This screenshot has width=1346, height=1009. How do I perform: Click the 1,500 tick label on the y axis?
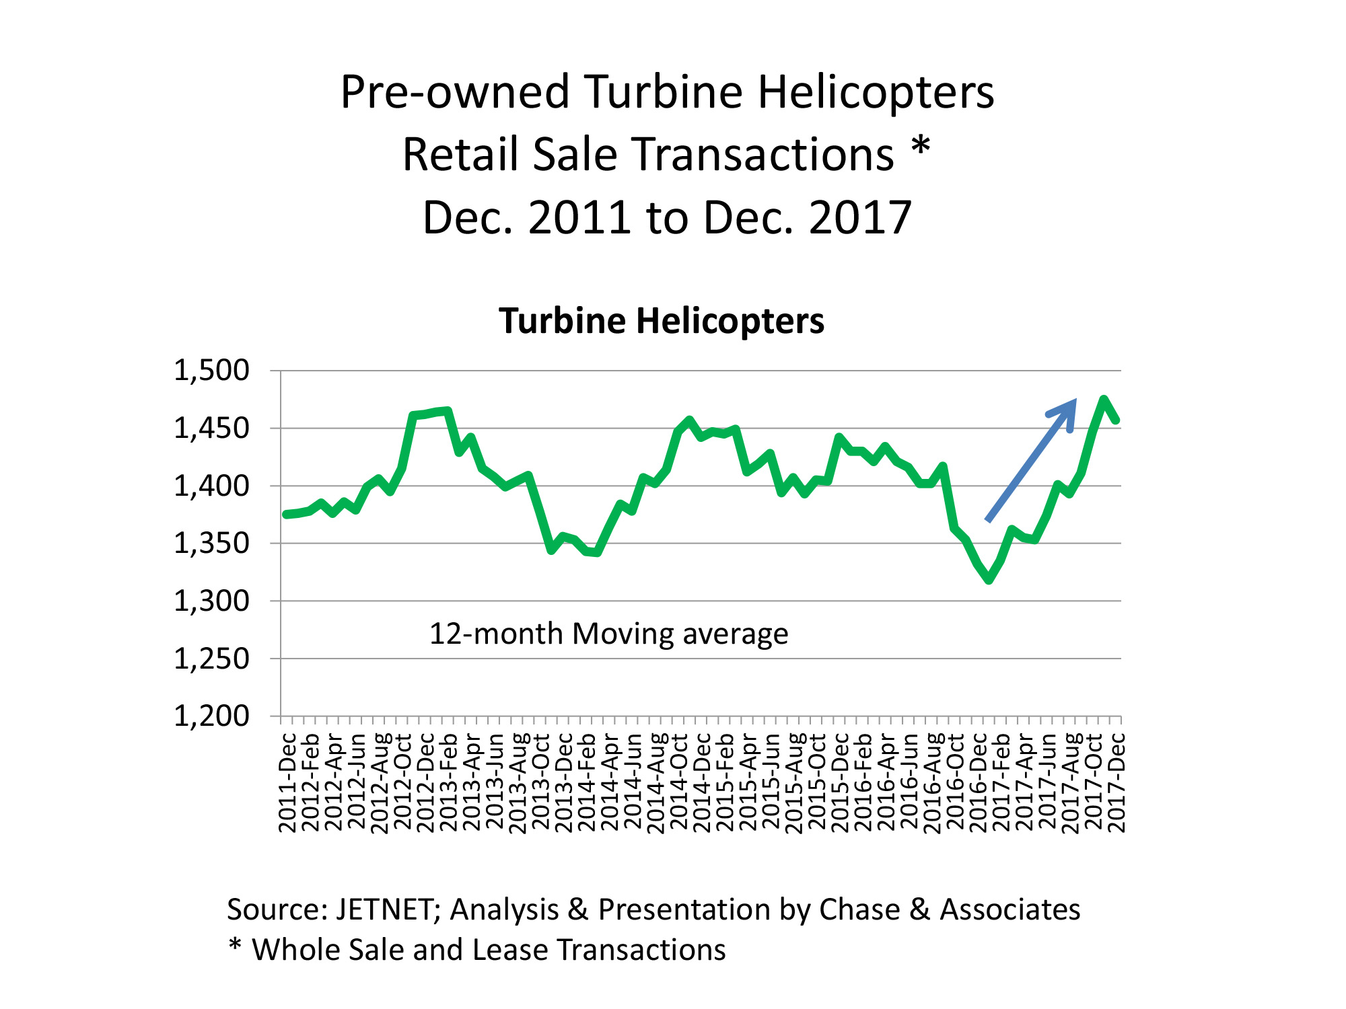coord(211,371)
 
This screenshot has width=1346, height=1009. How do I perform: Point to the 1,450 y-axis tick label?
coord(211,428)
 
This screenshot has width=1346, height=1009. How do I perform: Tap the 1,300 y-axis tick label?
coord(211,601)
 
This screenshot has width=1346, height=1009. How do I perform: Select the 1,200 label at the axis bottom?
coord(211,716)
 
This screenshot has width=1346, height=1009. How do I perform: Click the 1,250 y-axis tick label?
coord(211,659)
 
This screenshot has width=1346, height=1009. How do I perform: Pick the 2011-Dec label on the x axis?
coord(287,784)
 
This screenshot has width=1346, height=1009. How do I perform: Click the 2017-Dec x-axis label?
coord(1117,784)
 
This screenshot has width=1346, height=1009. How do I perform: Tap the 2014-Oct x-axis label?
coord(679,784)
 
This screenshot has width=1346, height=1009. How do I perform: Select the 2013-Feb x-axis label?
coord(448,784)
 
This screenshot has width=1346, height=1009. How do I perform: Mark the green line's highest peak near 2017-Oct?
coord(1103,400)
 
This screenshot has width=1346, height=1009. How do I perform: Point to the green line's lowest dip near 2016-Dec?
coord(989,580)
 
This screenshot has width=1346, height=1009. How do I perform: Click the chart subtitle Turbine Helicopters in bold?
coord(662,321)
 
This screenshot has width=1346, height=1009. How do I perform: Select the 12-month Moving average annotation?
coord(608,634)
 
